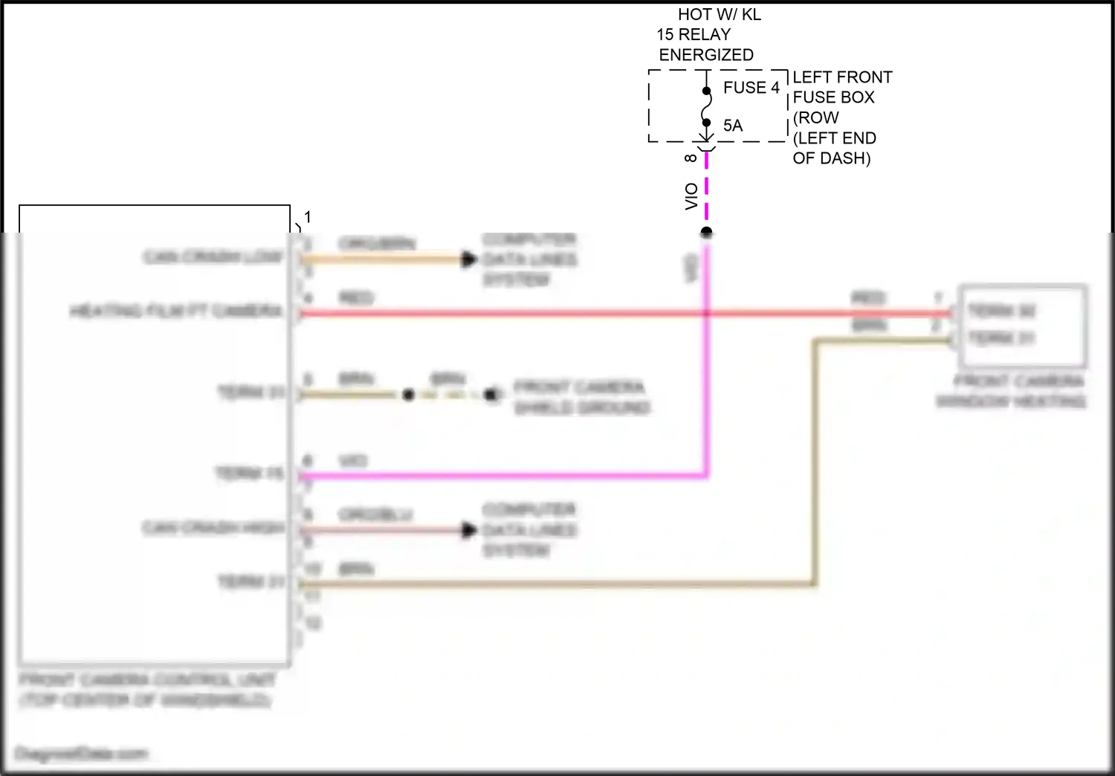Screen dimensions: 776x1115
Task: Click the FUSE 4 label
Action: point(751,88)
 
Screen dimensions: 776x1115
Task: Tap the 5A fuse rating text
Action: point(732,126)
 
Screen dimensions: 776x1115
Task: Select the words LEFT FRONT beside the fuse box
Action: point(842,77)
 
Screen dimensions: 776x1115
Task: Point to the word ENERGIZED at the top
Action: point(705,55)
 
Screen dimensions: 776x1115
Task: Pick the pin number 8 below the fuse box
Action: point(691,158)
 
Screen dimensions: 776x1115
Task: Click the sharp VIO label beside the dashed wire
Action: point(691,196)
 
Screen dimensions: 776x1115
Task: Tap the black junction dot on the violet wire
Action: point(706,233)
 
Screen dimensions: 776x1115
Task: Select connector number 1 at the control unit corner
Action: point(307,217)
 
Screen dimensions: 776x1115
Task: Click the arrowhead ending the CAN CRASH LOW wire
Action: point(468,259)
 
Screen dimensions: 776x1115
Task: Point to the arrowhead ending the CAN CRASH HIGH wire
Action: point(468,530)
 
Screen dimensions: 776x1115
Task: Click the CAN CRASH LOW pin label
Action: point(213,257)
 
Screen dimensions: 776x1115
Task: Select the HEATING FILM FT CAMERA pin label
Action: point(176,311)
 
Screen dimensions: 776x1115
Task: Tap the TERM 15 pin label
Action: point(250,473)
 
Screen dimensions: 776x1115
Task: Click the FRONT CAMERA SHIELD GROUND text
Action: point(581,398)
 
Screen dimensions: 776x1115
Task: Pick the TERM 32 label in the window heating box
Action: point(1001,311)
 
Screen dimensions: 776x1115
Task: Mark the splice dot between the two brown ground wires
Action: point(408,395)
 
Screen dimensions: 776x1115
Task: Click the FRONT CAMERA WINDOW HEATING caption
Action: point(1011,392)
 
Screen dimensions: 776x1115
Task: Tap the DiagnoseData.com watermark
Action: point(81,754)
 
